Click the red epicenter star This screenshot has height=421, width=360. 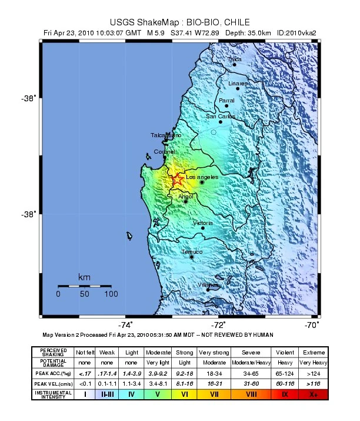point(176,180)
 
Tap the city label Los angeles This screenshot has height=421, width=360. point(202,177)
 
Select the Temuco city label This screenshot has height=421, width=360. point(192,252)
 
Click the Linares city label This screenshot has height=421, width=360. point(238,84)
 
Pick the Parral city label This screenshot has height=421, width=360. point(226,101)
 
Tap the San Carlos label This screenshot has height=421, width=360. point(221,117)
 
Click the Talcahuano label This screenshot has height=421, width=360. point(166,135)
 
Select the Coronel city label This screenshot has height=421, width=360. point(164,152)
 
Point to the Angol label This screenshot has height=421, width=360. point(185,196)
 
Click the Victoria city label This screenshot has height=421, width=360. point(203,223)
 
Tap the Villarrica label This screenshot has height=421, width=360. point(208,285)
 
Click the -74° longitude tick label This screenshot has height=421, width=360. point(125,324)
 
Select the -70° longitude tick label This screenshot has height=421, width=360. point(312,324)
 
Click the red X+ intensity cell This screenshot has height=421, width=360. point(314,395)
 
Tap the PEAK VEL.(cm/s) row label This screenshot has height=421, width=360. point(54,383)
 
